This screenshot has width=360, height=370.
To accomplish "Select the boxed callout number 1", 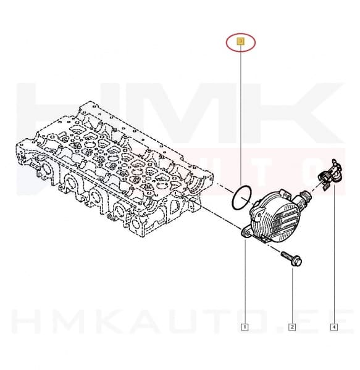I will point(245,327).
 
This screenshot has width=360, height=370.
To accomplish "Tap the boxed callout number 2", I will point(293,327).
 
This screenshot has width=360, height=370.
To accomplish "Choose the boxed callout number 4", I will point(334,327).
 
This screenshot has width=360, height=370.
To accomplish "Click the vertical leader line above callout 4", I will point(334,259).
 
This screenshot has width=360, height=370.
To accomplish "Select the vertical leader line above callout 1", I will point(245,284).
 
